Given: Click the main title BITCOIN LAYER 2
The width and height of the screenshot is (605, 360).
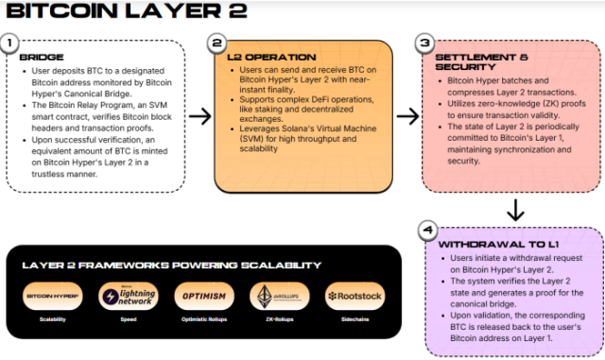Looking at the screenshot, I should [x=127, y=12].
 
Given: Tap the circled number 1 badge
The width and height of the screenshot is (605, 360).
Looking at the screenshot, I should [x=11, y=43].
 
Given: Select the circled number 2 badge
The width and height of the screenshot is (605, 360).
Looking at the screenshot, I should [x=217, y=43].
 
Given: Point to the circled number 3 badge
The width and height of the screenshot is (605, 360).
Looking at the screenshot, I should [x=425, y=43].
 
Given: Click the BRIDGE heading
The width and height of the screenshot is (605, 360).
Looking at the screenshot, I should [x=43, y=57].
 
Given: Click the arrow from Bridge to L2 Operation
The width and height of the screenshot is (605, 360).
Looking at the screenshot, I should [x=199, y=116].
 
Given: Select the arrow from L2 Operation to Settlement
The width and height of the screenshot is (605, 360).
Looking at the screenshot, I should [x=407, y=116].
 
